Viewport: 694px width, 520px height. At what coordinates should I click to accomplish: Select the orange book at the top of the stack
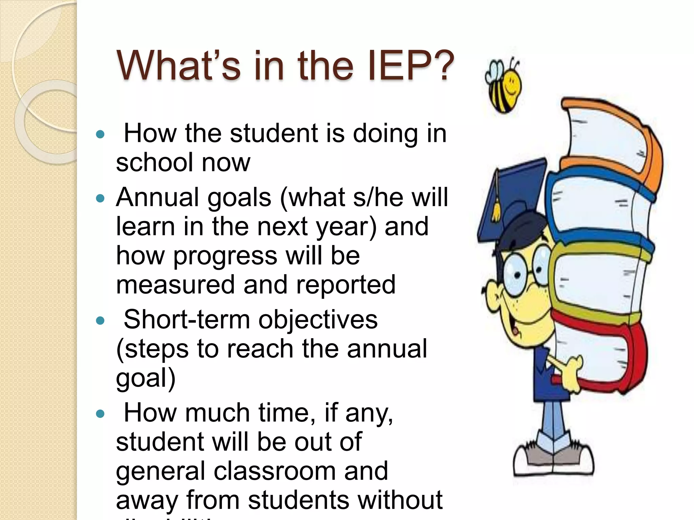610,135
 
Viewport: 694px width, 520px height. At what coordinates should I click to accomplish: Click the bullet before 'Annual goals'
100,198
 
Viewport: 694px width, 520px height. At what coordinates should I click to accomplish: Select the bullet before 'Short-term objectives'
100,320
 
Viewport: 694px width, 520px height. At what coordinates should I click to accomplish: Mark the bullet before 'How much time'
100,414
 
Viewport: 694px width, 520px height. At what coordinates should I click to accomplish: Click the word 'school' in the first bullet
154,162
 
